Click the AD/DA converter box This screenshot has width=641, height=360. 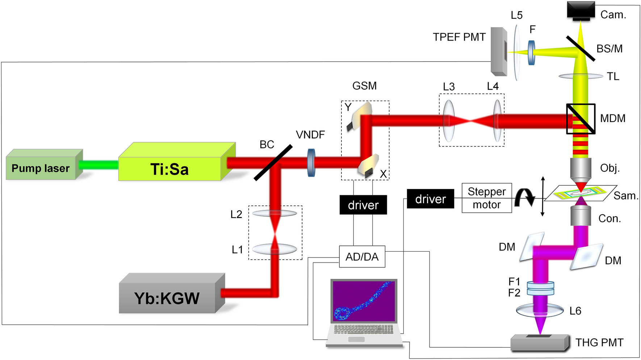tap(362, 257)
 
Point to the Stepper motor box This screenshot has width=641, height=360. tap(486, 198)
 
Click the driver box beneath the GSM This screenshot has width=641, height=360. tap(363, 205)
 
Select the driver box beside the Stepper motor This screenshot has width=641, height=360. tap(430, 199)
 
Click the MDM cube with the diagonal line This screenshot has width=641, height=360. tap(581, 119)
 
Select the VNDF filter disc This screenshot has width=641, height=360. tap(311, 163)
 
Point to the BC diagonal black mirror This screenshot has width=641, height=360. tap(273, 163)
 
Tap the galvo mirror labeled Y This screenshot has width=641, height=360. tap(360, 116)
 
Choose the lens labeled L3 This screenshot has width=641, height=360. tap(448, 121)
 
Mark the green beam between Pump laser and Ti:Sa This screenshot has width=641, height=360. tap(99, 165)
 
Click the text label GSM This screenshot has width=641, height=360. tap(364, 86)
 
